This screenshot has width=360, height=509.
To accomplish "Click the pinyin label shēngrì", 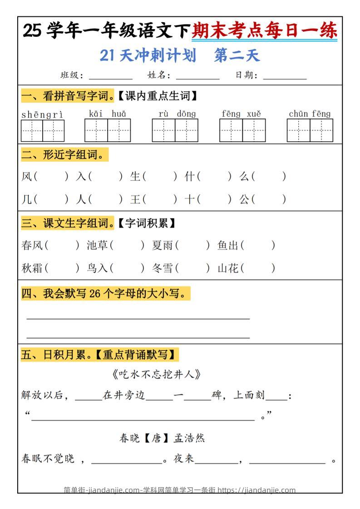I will point(42,114).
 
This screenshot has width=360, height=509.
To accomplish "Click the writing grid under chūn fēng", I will point(310,131).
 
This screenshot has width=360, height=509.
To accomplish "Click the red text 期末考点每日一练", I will point(264,31).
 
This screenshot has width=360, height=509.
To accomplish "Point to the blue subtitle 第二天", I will point(237,55).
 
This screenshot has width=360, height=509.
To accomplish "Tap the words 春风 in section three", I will point(32,245).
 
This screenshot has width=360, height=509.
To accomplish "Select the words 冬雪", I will point(163,268).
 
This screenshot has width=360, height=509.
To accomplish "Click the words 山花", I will point(228,268).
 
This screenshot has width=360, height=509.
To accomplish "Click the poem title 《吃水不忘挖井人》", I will point(156,374).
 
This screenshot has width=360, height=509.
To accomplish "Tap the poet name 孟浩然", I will point(189,438).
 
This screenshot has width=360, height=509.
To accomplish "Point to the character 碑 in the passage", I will point(217,395).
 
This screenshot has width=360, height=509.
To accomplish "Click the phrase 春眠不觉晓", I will point(48,459).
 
